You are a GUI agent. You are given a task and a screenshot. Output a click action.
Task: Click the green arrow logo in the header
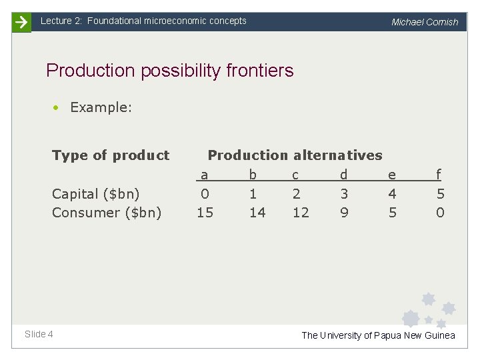(x=21, y=22)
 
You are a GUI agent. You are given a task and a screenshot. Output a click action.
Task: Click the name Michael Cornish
(x=425, y=22)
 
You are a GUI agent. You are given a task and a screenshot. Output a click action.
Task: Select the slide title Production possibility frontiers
(x=169, y=70)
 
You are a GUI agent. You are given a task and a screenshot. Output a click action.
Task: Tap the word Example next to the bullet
(x=101, y=107)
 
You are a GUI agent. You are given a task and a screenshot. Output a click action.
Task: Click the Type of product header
(x=111, y=155)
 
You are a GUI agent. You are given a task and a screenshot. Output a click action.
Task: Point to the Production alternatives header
(x=295, y=155)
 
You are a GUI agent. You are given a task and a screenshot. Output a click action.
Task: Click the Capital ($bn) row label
(x=96, y=194)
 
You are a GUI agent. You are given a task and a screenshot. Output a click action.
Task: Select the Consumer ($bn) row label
(x=107, y=213)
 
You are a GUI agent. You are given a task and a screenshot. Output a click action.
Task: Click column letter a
(x=205, y=175)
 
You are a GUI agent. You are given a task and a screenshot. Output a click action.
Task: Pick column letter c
(x=295, y=175)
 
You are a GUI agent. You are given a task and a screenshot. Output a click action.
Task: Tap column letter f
(x=439, y=175)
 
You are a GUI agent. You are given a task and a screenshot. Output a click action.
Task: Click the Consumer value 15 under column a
(x=205, y=213)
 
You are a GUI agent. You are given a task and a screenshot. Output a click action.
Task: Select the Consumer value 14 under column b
(x=257, y=213)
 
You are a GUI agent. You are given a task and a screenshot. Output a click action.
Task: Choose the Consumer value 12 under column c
(x=301, y=213)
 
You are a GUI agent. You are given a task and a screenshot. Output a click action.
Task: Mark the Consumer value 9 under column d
(x=344, y=213)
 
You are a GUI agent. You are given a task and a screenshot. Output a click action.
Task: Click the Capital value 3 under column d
(x=344, y=194)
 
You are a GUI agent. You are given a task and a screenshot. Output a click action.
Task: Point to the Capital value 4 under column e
(x=392, y=194)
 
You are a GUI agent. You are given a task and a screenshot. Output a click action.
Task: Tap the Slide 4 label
(x=39, y=334)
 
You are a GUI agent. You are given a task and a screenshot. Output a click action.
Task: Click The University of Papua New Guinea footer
(x=378, y=335)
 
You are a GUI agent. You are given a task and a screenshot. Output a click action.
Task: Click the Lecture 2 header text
(x=143, y=21)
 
